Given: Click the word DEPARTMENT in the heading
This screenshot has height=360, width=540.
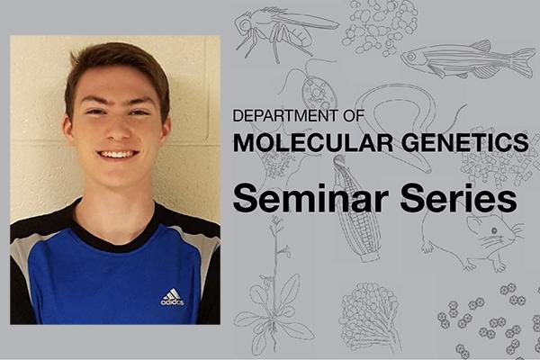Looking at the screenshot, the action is tap(285, 116).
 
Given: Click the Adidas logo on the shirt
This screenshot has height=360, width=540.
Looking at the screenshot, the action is tap(172, 297).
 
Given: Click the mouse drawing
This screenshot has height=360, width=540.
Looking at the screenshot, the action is tap(472, 241).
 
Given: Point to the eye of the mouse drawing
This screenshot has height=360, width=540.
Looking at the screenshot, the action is tap(494, 230).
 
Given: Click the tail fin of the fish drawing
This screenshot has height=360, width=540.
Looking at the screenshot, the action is tap(522, 62).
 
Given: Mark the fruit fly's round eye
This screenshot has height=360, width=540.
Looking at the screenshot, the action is tap(245, 25).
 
